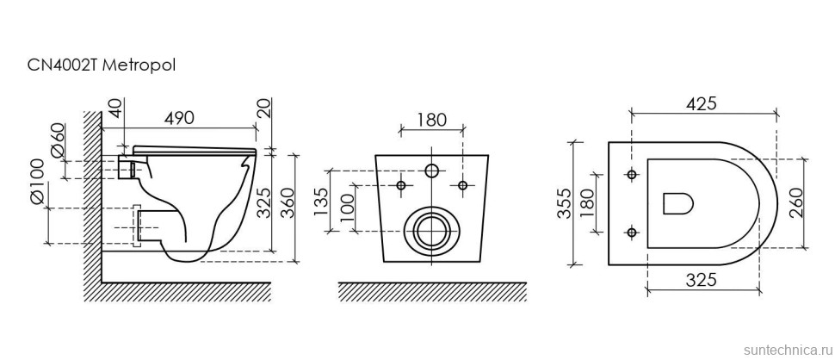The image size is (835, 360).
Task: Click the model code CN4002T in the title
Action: (x=62, y=66)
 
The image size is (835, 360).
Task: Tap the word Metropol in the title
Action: (x=139, y=66)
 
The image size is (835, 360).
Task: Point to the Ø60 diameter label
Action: (x=58, y=140)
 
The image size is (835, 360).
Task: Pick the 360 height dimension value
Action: (x=288, y=203)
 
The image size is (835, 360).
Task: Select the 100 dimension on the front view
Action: (x=347, y=205)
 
